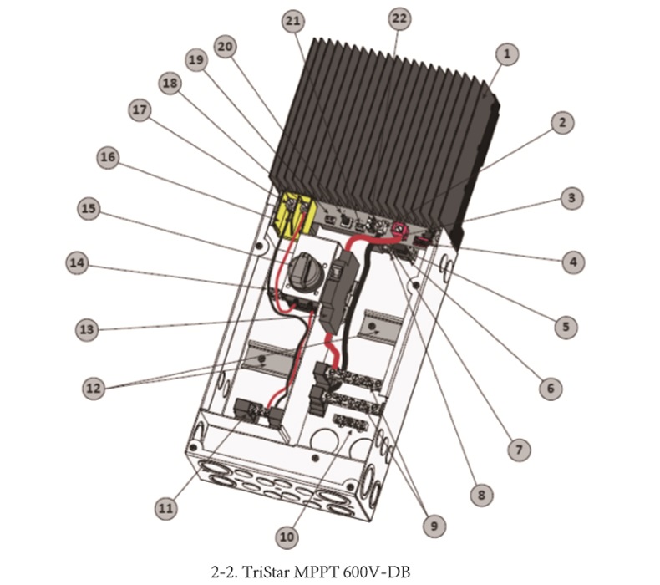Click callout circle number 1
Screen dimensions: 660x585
tap(507, 54)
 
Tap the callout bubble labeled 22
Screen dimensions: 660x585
tap(399, 18)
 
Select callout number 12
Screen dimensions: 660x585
tap(94, 388)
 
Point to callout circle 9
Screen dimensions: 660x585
tap(434, 526)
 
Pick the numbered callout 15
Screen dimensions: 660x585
tap(89, 208)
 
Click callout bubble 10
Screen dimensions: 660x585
tap(287, 537)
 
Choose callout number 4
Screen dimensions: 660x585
tap(573, 262)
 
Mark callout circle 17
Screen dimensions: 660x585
tap(140, 110)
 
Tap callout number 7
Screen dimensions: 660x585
tap(519, 450)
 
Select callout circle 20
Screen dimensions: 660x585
tap(226, 46)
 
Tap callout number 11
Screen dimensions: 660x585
tap(165, 508)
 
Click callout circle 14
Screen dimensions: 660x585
tap(78, 263)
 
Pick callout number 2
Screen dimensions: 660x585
tap(562, 123)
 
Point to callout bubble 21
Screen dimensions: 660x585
tap(293, 21)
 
